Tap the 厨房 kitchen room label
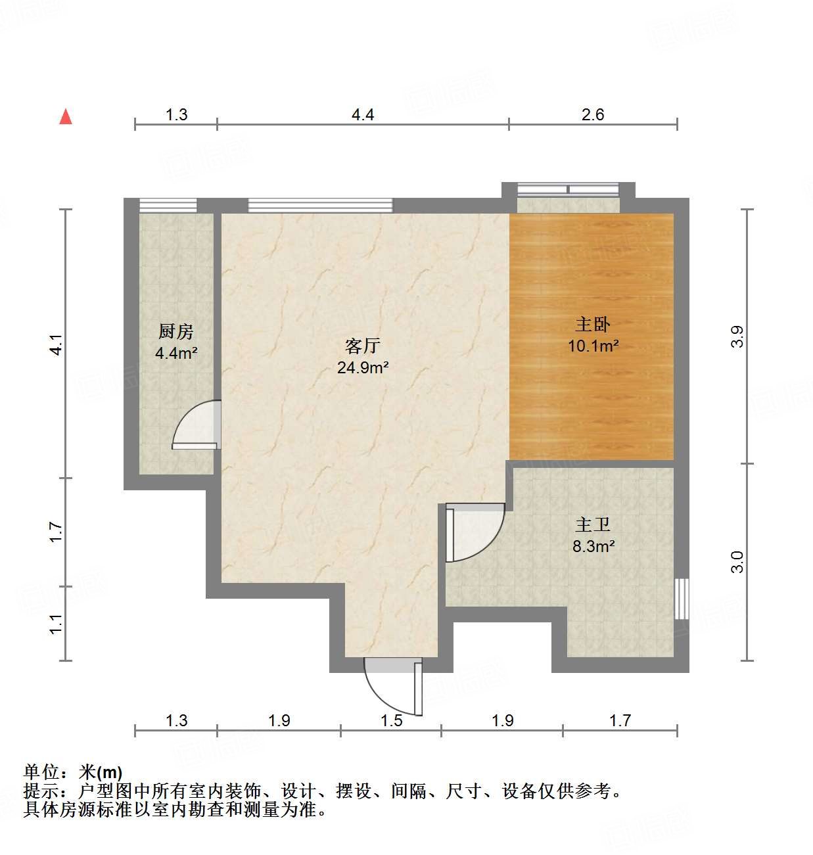[x=176, y=331]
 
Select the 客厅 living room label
[x=363, y=346]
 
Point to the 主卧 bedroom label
[x=593, y=324]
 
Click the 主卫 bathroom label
[x=593, y=524]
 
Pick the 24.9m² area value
[x=363, y=367]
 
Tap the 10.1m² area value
[x=593, y=346]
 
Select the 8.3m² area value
[x=593, y=545]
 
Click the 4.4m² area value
[x=176, y=354]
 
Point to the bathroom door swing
[x=475, y=532]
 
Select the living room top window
[x=320, y=205]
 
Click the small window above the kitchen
[x=168, y=205]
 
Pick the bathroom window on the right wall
[x=682, y=598]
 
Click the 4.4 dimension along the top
[x=363, y=115]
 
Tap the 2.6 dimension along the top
[x=593, y=115]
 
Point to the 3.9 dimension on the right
[x=737, y=336]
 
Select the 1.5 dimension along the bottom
[x=391, y=721]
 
